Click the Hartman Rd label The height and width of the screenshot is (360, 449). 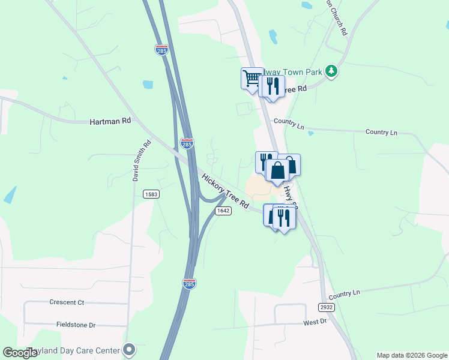click(x=110, y=121)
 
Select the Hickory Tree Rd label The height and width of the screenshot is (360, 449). click(x=225, y=191)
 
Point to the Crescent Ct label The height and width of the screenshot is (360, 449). click(x=67, y=302)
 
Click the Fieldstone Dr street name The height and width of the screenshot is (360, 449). click(x=76, y=325)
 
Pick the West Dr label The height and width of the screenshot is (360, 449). click(x=315, y=322)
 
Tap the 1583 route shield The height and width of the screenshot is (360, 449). click(x=151, y=194)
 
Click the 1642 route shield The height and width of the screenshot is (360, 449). click(x=223, y=211)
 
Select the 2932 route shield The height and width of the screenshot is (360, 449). click(x=326, y=307)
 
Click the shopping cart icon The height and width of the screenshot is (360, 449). click(x=252, y=78)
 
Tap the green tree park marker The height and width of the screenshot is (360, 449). click(x=331, y=71)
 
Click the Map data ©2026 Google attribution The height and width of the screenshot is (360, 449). click(x=412, y=355)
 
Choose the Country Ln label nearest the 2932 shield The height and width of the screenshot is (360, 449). click(x=344, y=293)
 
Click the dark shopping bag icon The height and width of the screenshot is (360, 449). click(x=279, y=171)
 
